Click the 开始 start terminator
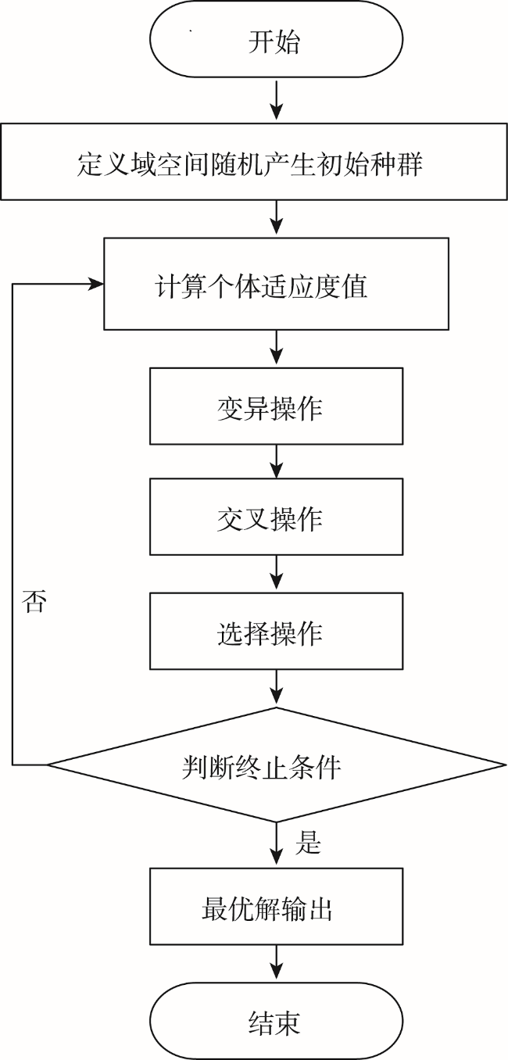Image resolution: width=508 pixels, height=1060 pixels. (276, 39)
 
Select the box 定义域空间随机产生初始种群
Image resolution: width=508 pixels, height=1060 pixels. (253, 162)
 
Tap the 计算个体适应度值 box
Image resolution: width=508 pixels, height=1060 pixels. (276, 284)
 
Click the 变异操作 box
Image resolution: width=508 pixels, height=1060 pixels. (276, 406)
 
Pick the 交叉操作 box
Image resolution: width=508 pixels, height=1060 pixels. (276, 517)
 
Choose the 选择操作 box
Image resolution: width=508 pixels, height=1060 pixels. (276, 631)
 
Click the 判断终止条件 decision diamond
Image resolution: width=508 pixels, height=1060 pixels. (276, 765)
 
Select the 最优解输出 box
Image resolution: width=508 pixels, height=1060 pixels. (276, 907)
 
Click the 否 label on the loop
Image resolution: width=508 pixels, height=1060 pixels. (34, 601)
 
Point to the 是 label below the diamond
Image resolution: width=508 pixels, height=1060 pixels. (308, 843)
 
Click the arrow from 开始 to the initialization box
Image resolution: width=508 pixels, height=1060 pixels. (276, 100)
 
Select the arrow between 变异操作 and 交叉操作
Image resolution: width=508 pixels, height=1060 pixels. (276, 461)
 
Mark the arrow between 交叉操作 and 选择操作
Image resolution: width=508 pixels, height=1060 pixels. (276, 574)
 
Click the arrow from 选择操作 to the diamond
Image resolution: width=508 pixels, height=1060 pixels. (276, 688)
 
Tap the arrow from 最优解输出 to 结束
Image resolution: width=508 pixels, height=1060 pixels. (276, 964)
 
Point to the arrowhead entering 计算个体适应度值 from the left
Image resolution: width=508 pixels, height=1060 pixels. (96, 284)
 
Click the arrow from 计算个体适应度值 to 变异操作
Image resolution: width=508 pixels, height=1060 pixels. (276, 349)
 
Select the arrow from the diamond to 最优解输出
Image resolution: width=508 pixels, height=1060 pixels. (276, 845)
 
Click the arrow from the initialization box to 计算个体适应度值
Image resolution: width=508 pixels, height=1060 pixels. (276, 219)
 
